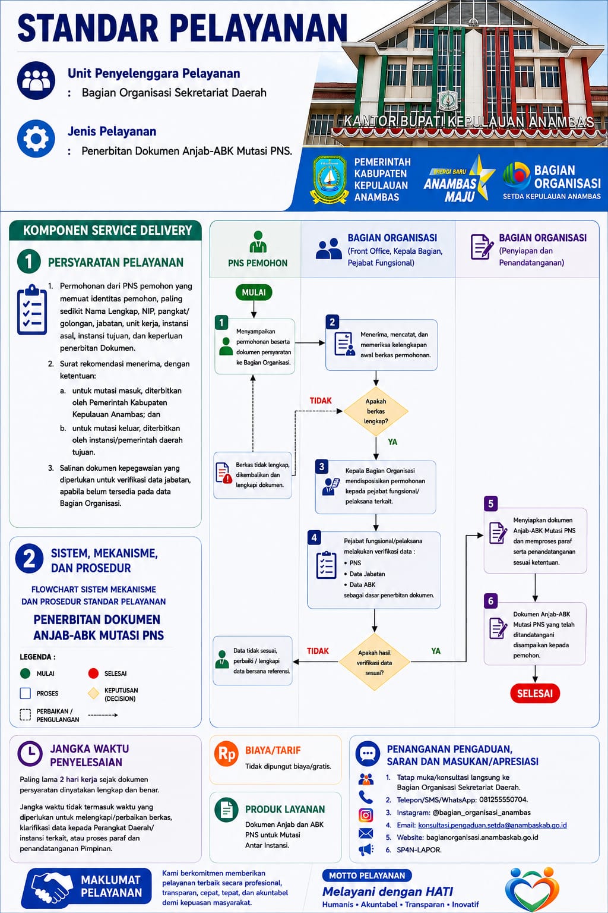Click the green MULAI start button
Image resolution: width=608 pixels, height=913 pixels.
pos(254,292)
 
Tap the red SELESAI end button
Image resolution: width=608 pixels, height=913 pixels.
pos(535,693)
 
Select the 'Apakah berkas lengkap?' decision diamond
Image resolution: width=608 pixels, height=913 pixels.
pos(376,411)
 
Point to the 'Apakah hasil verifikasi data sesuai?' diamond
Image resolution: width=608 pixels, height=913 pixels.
pos(374,662)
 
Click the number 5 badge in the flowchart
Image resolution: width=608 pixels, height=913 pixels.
pos(490,504)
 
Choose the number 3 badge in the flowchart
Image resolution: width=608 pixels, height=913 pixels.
pos(322,466)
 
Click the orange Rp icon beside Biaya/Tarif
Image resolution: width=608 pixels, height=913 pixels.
pos(226,754)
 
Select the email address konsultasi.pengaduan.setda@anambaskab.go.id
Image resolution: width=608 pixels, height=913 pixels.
pos(492,826)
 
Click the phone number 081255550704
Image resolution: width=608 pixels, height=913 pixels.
pos(503,799)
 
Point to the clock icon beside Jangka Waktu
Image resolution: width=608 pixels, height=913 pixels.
pos(30,754)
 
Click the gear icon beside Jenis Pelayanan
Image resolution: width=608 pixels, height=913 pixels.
pos(36,138)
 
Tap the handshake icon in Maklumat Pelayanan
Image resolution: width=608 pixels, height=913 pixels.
pos(50,887)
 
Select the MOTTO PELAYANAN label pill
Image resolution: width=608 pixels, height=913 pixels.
pos(367,876)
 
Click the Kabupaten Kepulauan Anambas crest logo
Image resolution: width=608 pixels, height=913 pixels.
pos(329,180)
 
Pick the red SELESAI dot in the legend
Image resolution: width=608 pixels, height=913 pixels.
pos(93,673)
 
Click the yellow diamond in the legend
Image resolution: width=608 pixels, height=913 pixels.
pos(94,693)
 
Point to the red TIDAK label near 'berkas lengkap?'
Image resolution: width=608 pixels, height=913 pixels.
pos(321,401)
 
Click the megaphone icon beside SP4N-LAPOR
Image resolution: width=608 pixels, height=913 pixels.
pos(366,850)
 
